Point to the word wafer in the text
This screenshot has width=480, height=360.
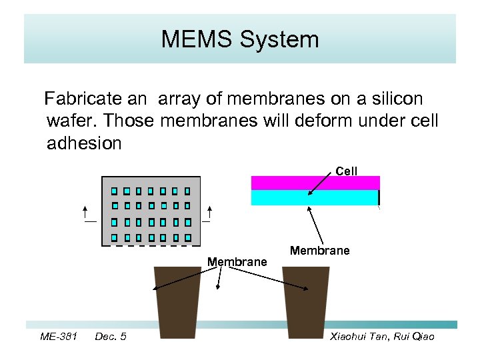[73, 121]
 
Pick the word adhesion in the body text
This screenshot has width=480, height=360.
[84, 143]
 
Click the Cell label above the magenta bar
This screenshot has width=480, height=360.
[347, 171]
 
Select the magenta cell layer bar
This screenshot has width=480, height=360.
[315, 183]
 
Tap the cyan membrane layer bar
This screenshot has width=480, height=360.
[315, 198]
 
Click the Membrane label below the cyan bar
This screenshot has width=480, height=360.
[320, 251]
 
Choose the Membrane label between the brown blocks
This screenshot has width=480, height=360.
[237, 262]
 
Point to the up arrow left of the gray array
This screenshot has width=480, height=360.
[87, 214]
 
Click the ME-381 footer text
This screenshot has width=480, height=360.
[58, 337]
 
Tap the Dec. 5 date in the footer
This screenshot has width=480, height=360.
[111, 337]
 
